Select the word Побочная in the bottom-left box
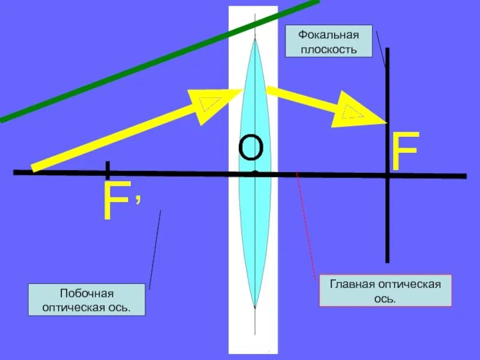click(x=86, y=293)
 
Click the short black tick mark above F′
click(x=107, y=170)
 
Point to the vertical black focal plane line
click(x=388, y=228)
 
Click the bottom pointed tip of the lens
click(x=255, y=307)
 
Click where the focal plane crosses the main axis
click(x=388, y=176)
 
